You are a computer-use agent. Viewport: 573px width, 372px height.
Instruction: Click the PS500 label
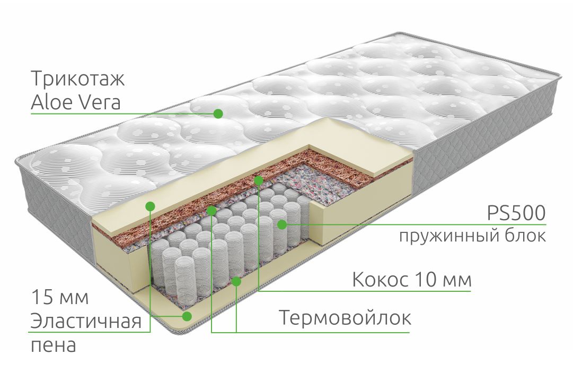point(516,213)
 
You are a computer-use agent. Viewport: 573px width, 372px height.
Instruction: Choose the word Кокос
point(380,280)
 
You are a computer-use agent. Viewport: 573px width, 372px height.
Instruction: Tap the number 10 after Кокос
point(426,280)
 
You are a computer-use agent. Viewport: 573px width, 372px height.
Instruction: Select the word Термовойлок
point(345,317)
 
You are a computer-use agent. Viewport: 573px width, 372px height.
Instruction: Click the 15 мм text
point(60,297)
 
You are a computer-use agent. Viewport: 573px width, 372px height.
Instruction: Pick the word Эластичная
point(86,322)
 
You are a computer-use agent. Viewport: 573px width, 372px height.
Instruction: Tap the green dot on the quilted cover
point(218,114)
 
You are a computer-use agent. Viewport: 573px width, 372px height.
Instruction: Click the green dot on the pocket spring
point(281,224)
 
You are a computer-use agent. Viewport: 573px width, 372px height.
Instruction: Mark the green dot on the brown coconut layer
point(259,180)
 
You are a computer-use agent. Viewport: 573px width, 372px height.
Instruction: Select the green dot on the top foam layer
point(150,206)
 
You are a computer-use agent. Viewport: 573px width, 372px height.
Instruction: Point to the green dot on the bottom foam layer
point(187,316)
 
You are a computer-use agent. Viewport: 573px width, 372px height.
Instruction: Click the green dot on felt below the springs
point(236,281)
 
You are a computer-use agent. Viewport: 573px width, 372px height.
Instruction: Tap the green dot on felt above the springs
point(211,211)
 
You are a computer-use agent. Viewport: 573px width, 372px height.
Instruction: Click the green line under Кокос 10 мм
point(365,291)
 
